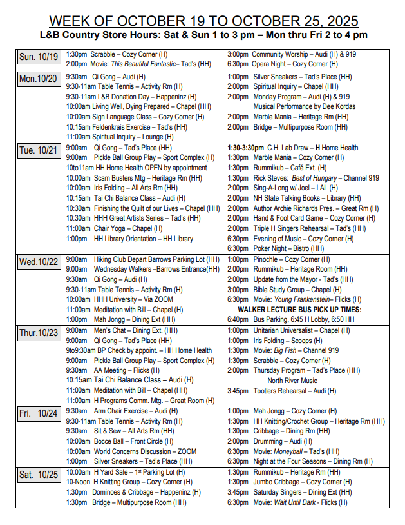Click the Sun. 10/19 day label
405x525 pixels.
pyautogui.click(x=39, y=57)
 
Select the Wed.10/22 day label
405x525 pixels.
pyautogui.click(x=39, y=262)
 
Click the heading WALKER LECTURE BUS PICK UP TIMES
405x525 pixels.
pyautogui.click(x=295, y=310)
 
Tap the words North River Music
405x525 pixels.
pyautogui.click(x=292, y=381)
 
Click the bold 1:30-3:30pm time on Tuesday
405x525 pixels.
pyautogui.click(x=245, y=147)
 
